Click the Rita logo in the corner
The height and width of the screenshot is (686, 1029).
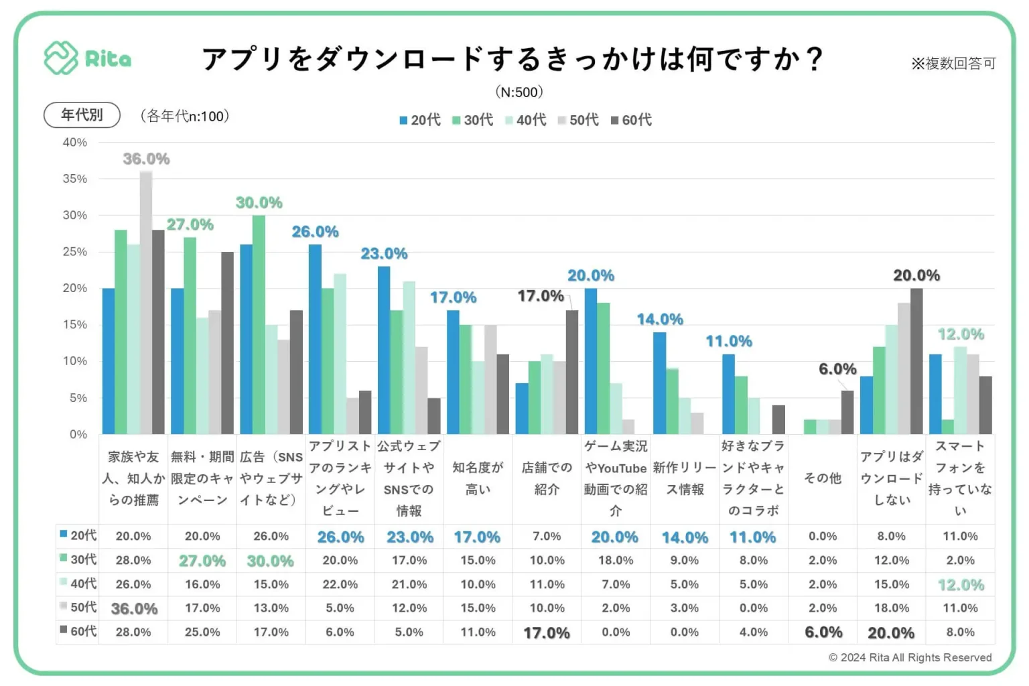[87, 58]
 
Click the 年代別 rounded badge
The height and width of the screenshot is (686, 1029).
[82, 115]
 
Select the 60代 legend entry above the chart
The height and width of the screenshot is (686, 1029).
[631, 120]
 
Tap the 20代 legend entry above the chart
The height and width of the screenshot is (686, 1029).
[420, 120]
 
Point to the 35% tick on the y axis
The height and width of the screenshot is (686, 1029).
[75, 179]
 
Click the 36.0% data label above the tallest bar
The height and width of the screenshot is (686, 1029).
[146, 159]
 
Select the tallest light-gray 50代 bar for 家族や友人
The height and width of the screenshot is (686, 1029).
[146, 301]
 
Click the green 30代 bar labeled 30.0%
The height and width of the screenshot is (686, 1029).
[259, 325]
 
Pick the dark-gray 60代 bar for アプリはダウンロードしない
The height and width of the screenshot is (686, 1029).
[916, 361]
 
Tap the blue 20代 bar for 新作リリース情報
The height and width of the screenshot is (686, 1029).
[660, 383]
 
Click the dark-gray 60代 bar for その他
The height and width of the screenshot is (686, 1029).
[847, 412]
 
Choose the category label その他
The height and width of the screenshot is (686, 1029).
[822, 478]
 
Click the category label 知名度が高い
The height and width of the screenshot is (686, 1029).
[478, 478]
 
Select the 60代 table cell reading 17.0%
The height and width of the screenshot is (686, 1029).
[547, 632]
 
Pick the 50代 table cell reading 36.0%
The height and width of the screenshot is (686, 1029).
[134, 608]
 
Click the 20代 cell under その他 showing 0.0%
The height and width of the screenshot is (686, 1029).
[822, 536]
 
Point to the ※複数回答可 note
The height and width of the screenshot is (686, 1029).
[953, 64]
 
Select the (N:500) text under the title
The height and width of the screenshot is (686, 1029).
[519, 92]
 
